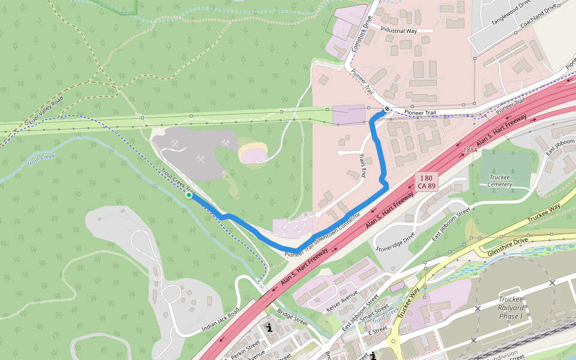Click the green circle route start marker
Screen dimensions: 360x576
pos(189,195)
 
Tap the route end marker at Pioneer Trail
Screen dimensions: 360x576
pos(388,109)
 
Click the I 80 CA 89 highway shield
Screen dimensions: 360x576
pos(427,182)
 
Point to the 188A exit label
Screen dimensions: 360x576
pos(470,150)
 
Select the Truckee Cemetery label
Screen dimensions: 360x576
pos(500,181)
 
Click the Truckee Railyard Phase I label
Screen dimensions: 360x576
pos(511,308)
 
